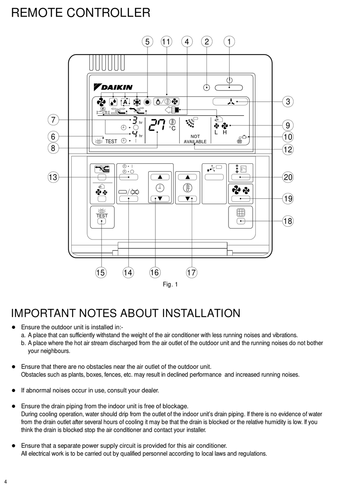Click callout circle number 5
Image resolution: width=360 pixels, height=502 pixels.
[x=147, y=42]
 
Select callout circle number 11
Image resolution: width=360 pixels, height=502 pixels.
[x=166, y=42]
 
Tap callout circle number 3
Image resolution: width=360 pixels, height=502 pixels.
[x=288, y=102]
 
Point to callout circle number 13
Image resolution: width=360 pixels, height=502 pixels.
[x=53, y=177]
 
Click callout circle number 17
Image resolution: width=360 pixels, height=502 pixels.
[x=191, y=272]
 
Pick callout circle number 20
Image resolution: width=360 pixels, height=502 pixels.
[x=288, y=177]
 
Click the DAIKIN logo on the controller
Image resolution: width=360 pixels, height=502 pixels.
[x=113, y=87]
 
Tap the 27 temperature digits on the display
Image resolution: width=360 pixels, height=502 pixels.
[x=157, y=127]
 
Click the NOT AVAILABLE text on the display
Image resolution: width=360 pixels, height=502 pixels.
[x=195, y=139]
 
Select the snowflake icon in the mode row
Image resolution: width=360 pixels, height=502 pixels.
[x=136, y=102]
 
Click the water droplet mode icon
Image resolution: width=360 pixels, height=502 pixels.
[x=113, y=102]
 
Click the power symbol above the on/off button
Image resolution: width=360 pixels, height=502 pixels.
[x=229, y=80]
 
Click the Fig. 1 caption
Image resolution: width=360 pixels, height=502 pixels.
[x=170, y=284]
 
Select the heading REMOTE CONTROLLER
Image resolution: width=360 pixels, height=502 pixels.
[x=81, y=13]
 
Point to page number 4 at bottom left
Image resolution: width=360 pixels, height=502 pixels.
[x=6, y=482]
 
